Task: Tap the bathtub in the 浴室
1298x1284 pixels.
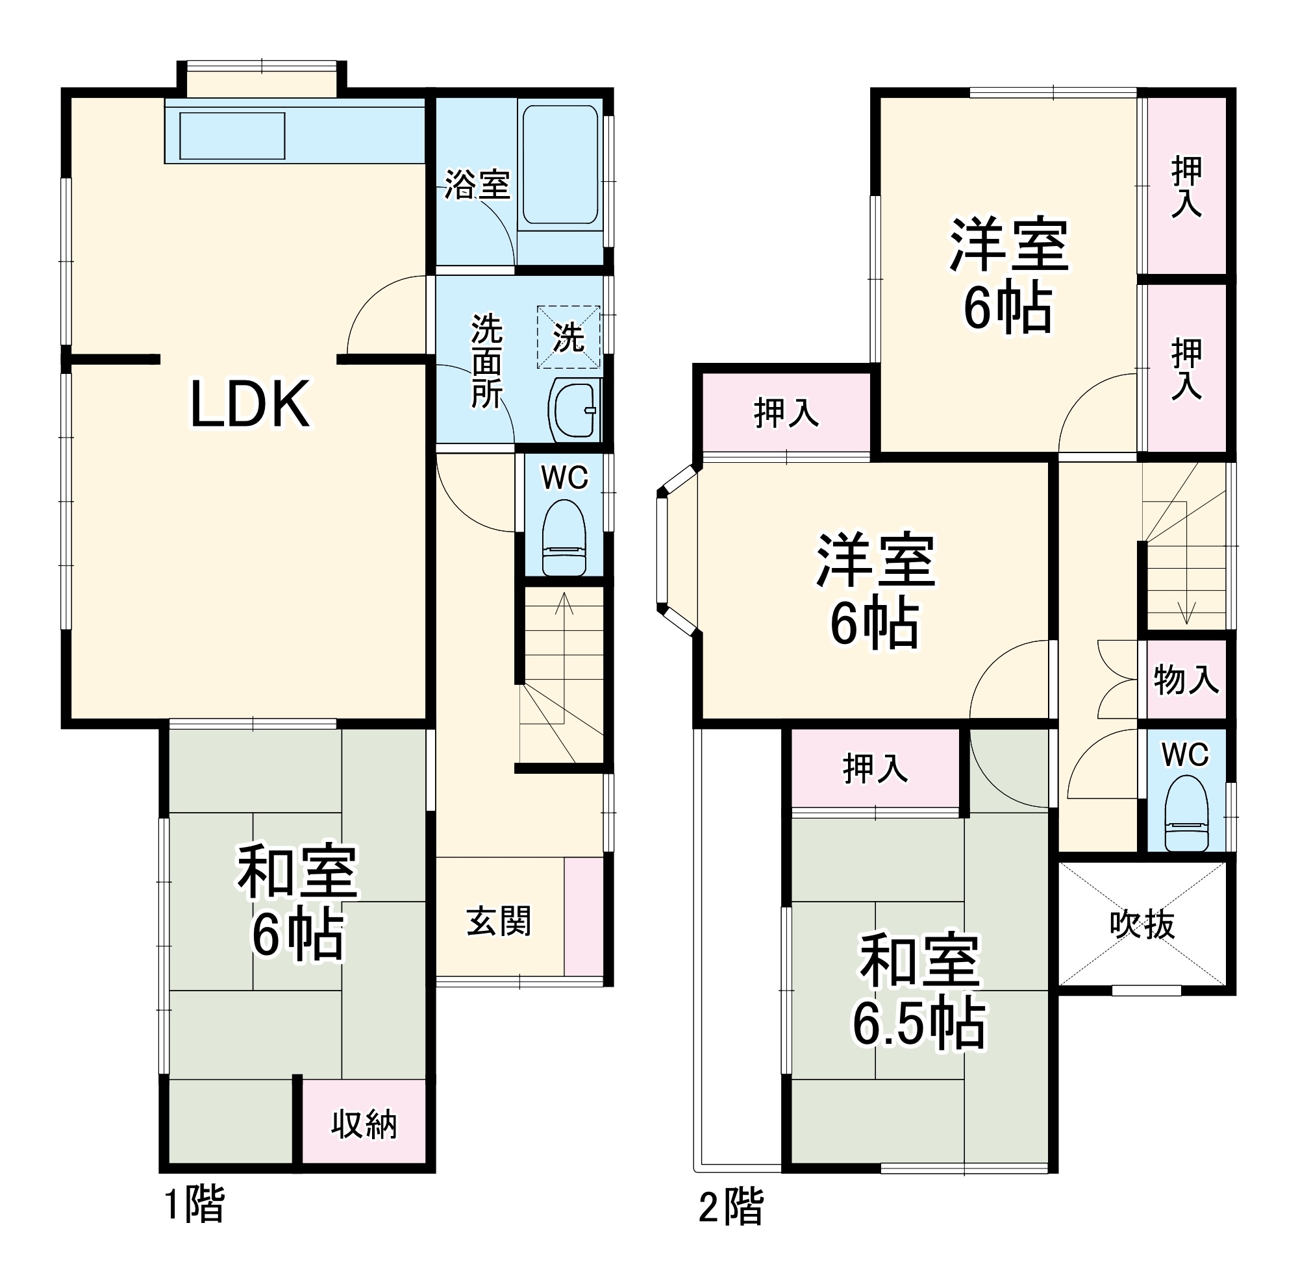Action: (x=560, y=164)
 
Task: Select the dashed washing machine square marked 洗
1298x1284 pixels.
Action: (x=568, y=336)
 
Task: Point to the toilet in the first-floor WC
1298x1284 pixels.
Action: (x=563, y=537)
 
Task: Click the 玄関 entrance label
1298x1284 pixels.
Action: (x=499, y=920)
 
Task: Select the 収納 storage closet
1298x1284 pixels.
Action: (x=364, y=1124)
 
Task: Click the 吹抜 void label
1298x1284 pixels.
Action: (x=1142, y=926)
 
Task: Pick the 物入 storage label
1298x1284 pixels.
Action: (x=1186, y=680)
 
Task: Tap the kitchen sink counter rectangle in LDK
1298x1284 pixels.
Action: (x=232, y=136)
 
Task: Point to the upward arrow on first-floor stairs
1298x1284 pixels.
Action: (x=564, y=604)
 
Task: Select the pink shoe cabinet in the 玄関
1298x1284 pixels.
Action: (x=583, y=917)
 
